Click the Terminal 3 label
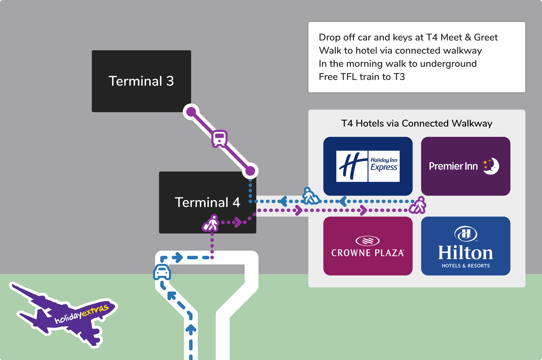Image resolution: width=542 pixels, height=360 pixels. point(141,81)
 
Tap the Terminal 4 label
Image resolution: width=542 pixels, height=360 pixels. point(207,202)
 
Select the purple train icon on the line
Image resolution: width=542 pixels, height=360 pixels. point(219,138)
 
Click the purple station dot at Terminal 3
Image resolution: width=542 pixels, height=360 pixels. point(191,112)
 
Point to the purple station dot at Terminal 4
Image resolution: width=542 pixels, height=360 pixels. point(250,171)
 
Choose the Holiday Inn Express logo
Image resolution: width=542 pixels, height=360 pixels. point(368,166)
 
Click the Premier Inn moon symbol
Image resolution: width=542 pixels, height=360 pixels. point(492,166)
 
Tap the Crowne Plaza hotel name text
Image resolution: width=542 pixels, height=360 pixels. point(368,253)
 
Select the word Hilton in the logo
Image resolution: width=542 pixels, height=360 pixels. point(466,253)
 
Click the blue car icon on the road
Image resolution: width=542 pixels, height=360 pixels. point(162,272)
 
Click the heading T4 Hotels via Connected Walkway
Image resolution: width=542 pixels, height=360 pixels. point(417,124)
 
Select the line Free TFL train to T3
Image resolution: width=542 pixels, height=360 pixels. point(362,77)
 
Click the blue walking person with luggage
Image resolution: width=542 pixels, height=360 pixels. point(310,196)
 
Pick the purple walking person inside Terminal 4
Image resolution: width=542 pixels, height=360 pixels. point(211,223)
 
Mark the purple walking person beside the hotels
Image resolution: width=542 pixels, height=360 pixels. point(418,205)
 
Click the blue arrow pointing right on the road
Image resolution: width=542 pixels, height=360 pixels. point(178,258)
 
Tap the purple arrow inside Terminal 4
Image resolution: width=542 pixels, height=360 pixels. point(237,222)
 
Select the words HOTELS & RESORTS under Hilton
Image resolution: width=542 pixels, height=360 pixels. point(466,266)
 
